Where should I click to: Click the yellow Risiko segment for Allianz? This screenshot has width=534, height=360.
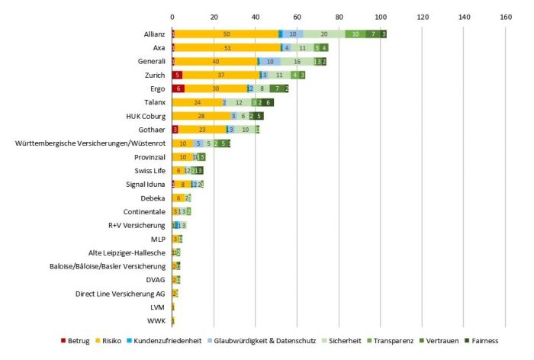tap(227, 34)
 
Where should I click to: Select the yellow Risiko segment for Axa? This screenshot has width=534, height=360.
tap(228, 48)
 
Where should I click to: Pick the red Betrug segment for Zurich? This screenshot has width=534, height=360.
tap(177, 75)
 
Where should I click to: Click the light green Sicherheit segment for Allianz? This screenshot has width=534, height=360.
tap(323, 34)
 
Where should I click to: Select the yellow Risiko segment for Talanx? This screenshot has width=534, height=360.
tap(197, 102)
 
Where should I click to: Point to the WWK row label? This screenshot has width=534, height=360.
tap(156, 320)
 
